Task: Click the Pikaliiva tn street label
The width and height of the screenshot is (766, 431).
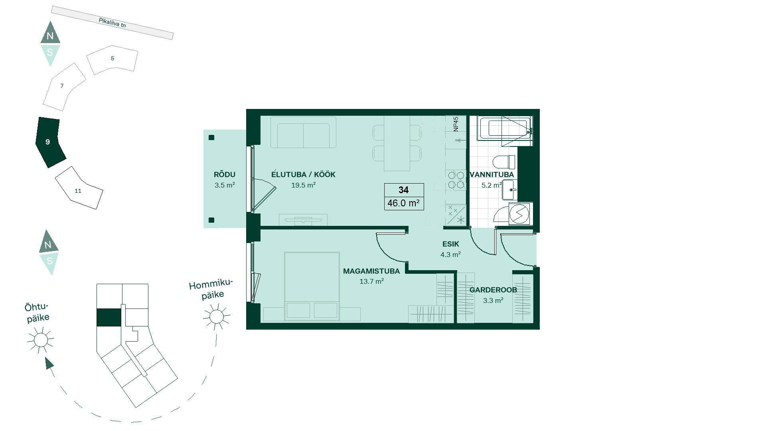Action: click(112, 23)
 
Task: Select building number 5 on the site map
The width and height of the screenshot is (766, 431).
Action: click(112, 59)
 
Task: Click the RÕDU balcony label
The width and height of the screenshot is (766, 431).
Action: click(225, 174)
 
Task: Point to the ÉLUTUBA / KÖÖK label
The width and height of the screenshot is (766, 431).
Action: click(303, 174)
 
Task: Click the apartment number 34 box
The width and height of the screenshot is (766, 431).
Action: click(404, 190)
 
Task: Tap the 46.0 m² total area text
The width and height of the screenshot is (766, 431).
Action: click(403, 203)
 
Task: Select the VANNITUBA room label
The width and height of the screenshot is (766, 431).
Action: click(492, 174)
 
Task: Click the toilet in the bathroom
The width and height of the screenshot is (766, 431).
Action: click(504, 162)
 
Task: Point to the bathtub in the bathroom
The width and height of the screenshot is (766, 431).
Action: click(505, 128)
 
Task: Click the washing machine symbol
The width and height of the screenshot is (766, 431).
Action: click(519, 214)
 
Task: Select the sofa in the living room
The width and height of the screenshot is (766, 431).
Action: click(303, 132)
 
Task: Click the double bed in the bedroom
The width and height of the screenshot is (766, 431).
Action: click(312, 286)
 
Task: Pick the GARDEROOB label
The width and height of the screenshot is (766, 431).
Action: click(493, 290)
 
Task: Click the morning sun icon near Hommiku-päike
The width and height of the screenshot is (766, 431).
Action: click(217, 316)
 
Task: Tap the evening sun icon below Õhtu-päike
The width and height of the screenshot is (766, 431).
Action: click(41, 340)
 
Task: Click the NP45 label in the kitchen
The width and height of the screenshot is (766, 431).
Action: click(456, 124)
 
